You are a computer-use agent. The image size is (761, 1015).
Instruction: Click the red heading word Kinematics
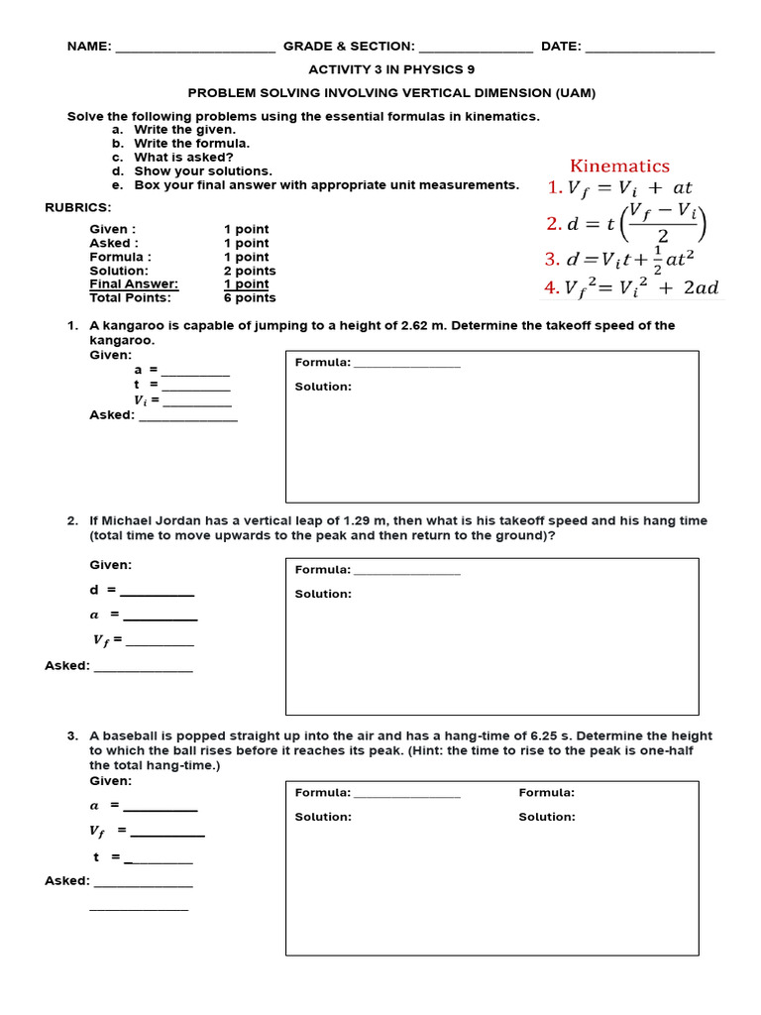click(619, 166)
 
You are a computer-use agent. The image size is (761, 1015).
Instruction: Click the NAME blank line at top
click(195, 48)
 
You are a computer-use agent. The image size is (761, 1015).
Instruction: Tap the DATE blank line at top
click(649, 48)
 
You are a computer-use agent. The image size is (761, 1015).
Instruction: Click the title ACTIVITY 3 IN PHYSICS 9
click(391, 70)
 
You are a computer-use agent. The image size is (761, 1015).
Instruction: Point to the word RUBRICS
click(78, 207)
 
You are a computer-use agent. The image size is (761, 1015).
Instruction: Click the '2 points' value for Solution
click(250, 271)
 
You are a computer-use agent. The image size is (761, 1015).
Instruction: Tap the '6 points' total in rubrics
click(250, 297)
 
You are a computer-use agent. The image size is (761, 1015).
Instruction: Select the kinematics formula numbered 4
click(632, 288)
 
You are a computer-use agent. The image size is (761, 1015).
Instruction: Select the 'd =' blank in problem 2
click(157, 592)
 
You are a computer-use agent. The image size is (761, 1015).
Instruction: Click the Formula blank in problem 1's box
click(406, 364)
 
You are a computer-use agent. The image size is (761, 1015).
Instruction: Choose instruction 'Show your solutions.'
click(202, 170)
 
